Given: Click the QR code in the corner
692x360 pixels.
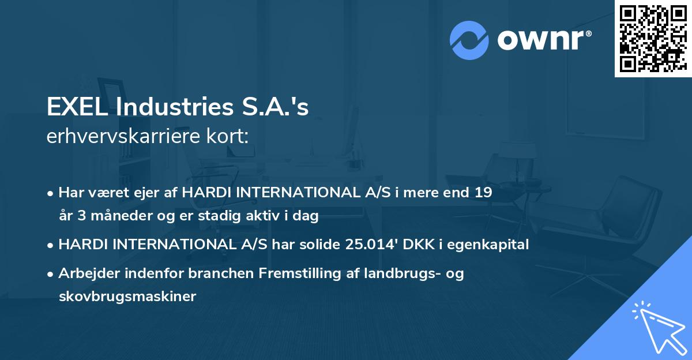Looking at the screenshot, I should tap(652, 38).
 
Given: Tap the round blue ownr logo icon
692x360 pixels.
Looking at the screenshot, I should tap(469, 40).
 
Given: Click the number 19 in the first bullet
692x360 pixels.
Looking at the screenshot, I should tap(484, 193).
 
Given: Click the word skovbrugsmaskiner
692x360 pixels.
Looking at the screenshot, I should tap(127, 297).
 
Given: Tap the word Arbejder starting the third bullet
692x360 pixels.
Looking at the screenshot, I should tap(86, 273).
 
